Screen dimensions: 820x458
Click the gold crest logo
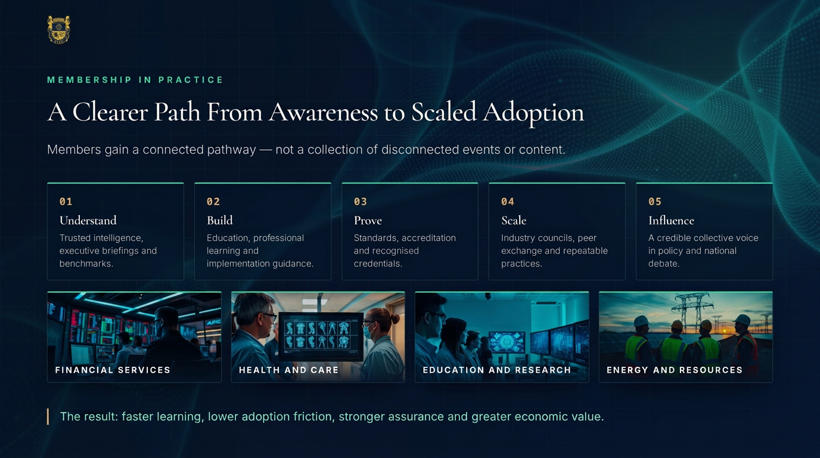(x=58, y=30)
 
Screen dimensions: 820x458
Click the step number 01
(x=66, y=202)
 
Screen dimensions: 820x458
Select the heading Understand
(x=88, y=220)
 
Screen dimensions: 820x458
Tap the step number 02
(x=213, y=202)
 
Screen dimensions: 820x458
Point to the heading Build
(x=220, y=220)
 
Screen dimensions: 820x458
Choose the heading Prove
(x=368, y=220)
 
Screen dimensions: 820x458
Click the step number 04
(x=508, y=202)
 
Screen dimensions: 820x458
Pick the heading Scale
(x=514, y=220)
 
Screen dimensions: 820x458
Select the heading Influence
(x=671, y=220)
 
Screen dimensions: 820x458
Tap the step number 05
(x=655, y=202)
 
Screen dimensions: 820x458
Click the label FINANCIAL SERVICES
(x=113, y=370)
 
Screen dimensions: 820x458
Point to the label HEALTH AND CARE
(x=289, y=370)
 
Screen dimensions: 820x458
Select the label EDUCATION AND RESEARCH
(x=497, y=370)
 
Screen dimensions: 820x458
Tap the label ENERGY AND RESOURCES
(x=675, y=370)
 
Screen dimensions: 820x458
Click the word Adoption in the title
(x=533, y=113)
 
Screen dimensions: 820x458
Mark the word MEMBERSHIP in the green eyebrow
(x=89, y=80)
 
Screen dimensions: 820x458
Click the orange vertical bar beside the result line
(x=48, y=417)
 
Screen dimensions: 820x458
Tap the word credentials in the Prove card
(x=378, y=264)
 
